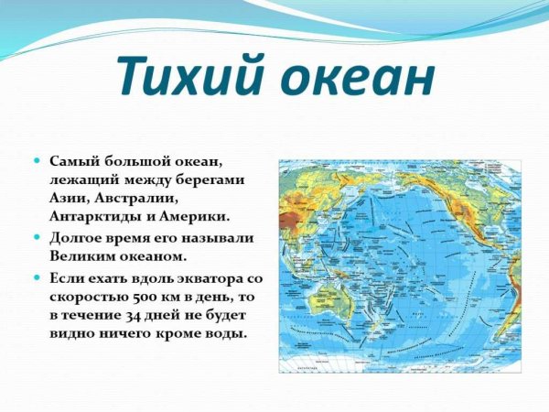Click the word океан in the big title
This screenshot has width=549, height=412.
point(353,79)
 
